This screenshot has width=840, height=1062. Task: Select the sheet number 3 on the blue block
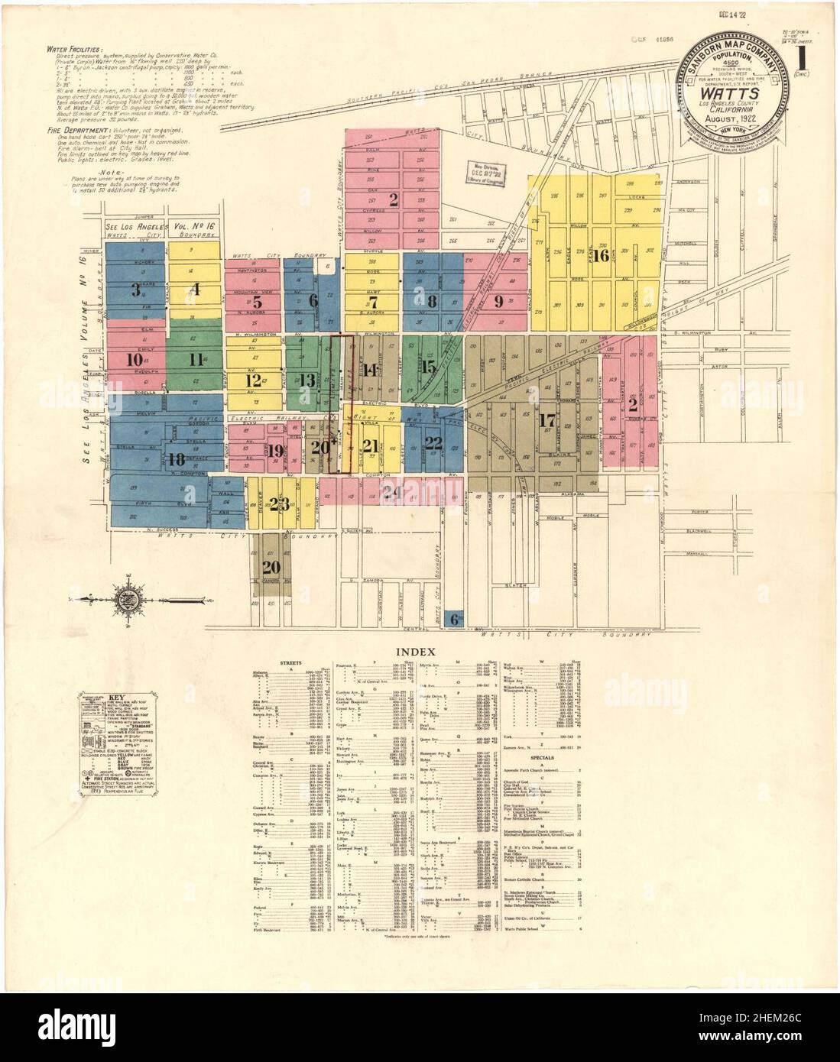pyautogui.click(x=135, y=290)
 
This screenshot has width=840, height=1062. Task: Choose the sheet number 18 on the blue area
pyautogui.click(x=177, y=459)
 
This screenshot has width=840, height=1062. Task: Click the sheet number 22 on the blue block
pyautogui.click(x=433, y=442)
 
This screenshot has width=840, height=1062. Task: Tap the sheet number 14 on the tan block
pyautogui.click(x=371, y=371)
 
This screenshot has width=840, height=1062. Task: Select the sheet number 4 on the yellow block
pyautogui.click(x=196, y=290)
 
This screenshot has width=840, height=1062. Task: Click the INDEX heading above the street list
pyautogui.click(x=415, y=652)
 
